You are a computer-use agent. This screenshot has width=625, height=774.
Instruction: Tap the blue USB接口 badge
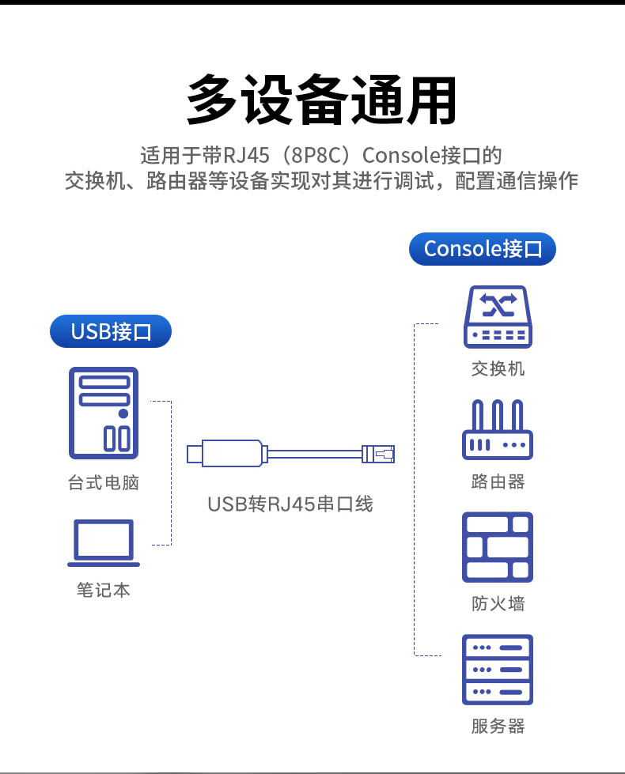point(111,330)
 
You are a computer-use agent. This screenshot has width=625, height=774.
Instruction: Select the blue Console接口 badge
point(483,248)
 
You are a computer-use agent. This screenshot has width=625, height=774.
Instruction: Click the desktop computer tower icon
point(103,413)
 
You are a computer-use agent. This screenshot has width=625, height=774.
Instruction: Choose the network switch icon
point(498,317)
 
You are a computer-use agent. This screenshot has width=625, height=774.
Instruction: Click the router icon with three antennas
point(498,430)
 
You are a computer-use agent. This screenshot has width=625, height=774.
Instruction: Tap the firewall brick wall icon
point(498,546)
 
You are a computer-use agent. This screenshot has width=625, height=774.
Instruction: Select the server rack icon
point(498,669)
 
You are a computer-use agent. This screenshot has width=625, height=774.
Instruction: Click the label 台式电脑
point(104,482)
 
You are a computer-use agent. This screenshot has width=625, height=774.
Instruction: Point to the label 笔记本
point(104,590)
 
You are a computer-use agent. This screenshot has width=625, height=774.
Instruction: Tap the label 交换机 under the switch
point(498,368)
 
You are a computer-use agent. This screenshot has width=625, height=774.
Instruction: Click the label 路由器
point(498,481)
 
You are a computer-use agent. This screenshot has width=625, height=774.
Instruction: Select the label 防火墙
point(498,604)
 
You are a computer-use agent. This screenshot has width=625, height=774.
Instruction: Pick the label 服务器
point(498,726)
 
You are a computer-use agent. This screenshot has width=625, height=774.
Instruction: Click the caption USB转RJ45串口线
point(290,503)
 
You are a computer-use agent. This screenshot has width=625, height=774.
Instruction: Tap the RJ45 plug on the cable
point(379,453)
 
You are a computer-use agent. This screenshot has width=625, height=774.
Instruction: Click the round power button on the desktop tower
point(123,413)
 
